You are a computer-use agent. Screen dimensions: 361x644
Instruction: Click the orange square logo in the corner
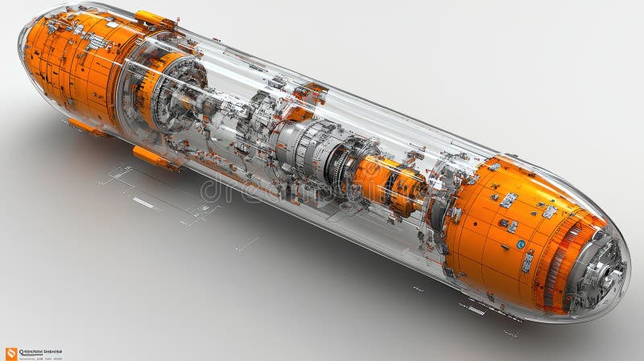point(10,353)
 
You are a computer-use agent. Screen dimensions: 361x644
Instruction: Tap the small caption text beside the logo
point(40,352)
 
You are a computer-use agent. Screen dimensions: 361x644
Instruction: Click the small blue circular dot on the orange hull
point(521,244)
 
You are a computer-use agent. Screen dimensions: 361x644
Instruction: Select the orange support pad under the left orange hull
point(87,126)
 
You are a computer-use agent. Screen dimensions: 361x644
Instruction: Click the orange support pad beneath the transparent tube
point(155,158)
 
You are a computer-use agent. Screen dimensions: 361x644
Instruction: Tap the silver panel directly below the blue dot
point(526,261)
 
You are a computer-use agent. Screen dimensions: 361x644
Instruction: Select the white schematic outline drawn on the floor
point(161,193)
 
